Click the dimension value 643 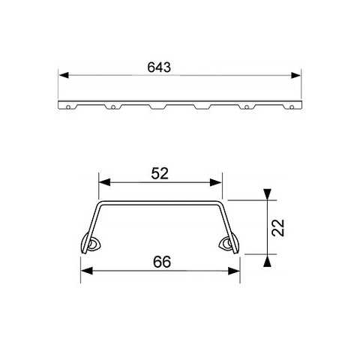160,67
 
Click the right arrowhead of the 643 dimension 296,75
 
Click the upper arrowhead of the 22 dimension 267,195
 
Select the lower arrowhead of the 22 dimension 267,259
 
